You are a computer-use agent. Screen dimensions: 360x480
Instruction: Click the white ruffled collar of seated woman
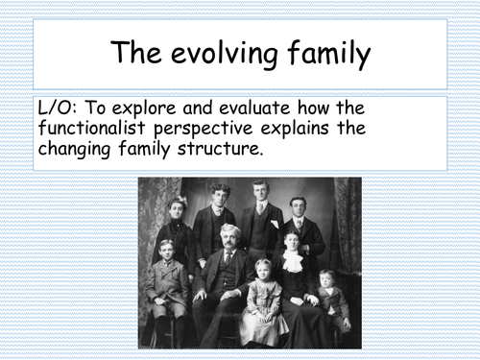click(x=291, y=260)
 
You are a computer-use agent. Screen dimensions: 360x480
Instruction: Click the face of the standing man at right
click(x=299, y=207)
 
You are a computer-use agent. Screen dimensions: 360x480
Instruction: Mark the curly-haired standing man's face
click(x=220, y=195)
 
